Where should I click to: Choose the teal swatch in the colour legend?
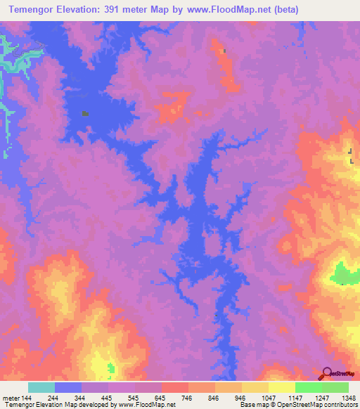pos(41,387)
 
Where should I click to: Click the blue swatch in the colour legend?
pos(68,387)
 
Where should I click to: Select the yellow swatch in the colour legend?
pos(282,387)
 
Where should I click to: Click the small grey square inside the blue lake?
pos(85,112)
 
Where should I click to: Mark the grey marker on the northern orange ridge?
pos(224,51)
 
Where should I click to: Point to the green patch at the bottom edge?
pos(111,368)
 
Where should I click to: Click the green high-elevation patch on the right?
pos(342,273)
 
